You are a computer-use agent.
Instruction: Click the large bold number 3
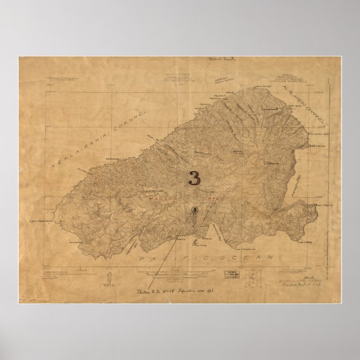[194, 178]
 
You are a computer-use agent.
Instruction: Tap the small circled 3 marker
[194, 210]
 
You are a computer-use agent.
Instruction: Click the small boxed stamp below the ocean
[230, 274]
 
